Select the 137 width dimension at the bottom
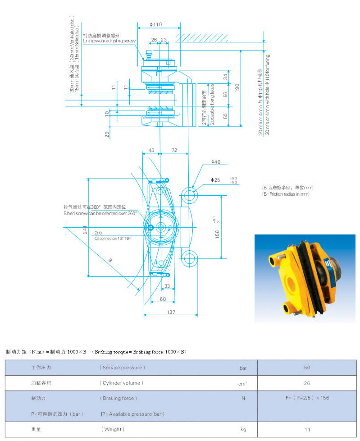tap(171, 312)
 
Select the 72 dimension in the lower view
tap(174, 150)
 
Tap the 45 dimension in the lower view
tap(151, 150)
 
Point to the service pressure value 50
tap(307, 367)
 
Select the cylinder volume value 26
tap(307, 383)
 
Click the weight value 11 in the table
tap(307, 429)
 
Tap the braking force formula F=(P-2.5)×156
tap(307, 398)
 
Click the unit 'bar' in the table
tap(243, 368)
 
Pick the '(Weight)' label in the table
tap(112, 429)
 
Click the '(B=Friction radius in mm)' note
tap(286, 194)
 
